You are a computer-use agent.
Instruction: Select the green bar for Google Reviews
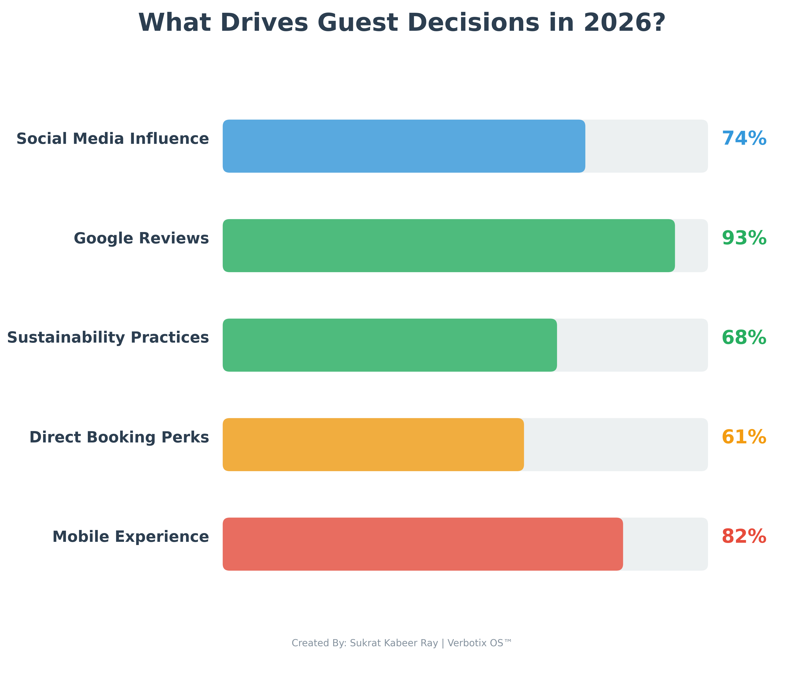tap(449, 246)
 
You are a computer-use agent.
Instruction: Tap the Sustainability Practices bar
tap(389, 345)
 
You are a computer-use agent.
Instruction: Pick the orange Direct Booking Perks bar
tap(373, 444)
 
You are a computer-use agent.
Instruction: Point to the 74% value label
tap(744, 139)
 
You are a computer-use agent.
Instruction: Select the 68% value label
tap(744, 338)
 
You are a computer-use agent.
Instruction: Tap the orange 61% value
tap(744, 437)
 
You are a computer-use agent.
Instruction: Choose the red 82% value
tap(744, 536)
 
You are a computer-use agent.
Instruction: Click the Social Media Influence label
tap(112, 139)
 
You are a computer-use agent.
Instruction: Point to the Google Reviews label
tap(141, 238)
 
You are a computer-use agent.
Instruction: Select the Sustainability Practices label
tap(108, 338)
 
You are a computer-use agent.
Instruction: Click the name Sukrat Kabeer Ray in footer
tap(394, 643)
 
